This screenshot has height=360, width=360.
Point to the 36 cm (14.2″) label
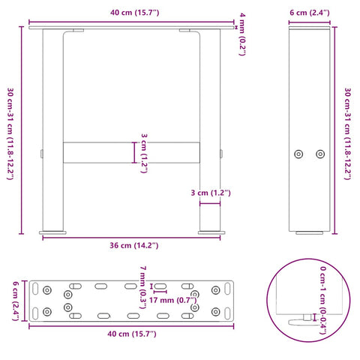131,245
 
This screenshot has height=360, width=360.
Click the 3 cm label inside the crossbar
142,152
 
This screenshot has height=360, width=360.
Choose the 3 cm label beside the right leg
209,193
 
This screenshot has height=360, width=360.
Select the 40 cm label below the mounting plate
131,333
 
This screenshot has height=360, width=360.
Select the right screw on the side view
319,153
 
